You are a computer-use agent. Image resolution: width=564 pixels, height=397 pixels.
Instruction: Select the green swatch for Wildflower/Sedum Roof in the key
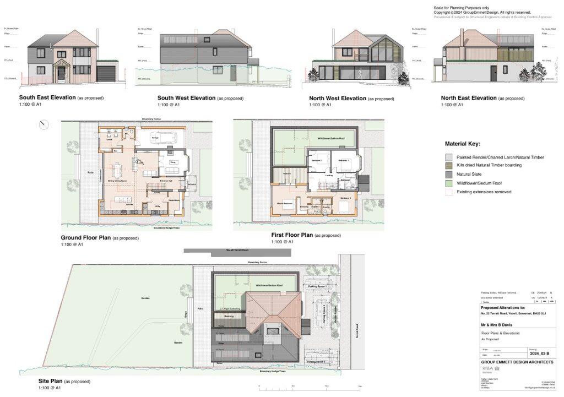(x=449, y=183)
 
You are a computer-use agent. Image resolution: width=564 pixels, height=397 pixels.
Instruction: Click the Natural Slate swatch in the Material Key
(x=449, y=174)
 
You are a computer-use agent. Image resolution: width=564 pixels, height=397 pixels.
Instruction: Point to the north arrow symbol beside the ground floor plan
(x=44, y=125)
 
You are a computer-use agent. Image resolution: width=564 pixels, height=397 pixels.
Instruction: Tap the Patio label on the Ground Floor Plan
(x=91, y=172)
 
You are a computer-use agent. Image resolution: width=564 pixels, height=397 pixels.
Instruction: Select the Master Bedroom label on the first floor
(x=284, y=204)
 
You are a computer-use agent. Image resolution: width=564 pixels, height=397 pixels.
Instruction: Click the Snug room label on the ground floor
(x=172, y=163)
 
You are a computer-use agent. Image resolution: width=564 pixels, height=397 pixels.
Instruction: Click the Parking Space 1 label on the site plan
(x=318, y=287)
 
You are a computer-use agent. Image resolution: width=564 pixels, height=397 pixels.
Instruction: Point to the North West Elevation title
(x=338, y=98)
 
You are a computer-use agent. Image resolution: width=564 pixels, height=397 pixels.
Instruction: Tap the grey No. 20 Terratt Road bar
(x=237, y=251)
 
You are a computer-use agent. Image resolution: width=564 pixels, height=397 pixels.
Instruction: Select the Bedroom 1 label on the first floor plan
(x=344, y=160)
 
